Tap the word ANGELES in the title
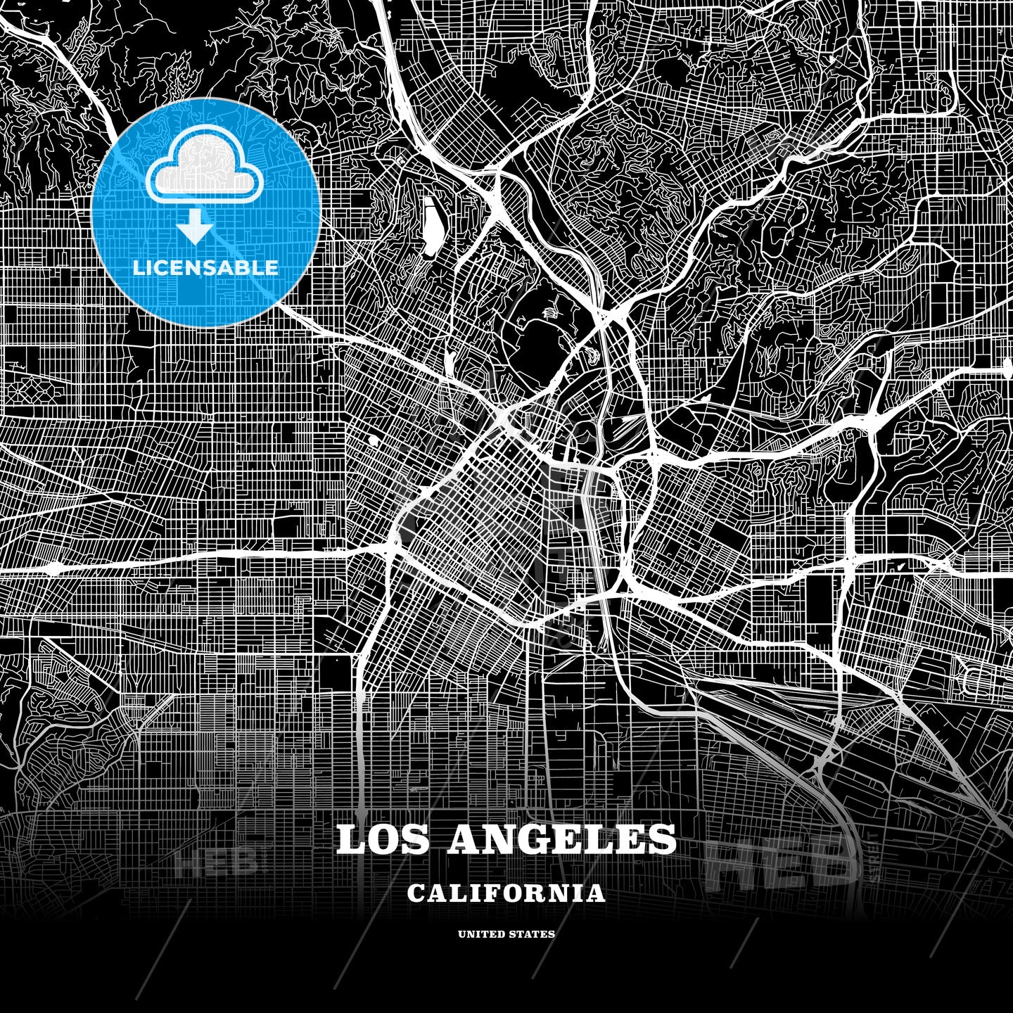click(x=561, y=839)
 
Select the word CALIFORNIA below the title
click(x=506, y=893)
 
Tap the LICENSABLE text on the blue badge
click(x=205, y=268)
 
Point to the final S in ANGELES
click(x=662, y=839)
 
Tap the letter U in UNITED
click(x=462, y=934)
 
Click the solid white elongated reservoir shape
click(x=431, y=222)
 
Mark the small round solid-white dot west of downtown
click(x=372, y=440)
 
